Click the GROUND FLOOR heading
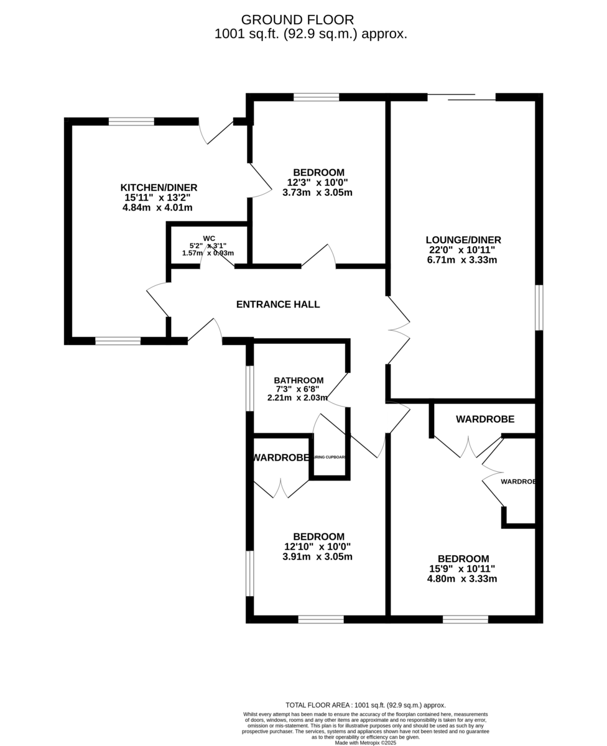297,20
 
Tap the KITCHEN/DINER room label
159,188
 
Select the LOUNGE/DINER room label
463,240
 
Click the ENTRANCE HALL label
278,305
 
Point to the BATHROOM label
299,380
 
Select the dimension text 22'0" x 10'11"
462,250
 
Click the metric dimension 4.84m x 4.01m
157,208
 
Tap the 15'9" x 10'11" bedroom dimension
462,569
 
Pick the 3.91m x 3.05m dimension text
317,556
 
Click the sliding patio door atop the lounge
461,97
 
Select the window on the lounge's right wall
539,308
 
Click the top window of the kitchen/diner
131,121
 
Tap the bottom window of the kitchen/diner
118,341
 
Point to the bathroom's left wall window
249,389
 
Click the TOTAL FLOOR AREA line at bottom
366,705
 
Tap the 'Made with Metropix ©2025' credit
366,742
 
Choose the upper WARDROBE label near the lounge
485,420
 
